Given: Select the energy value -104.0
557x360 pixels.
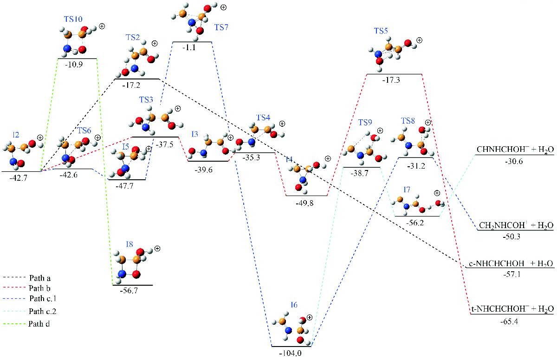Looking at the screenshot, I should (x=291, y=353).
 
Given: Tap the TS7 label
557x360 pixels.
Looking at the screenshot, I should (x=221, y=27).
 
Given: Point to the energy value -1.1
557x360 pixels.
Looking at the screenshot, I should (x=192, y=48).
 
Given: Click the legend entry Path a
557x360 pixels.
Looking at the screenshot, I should (x=39, y=279).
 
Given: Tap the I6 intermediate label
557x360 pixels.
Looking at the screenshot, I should (x=294, y=305).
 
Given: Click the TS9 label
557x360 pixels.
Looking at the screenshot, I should (x=365, y=123).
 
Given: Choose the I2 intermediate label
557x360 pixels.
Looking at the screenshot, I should (x=16, y=135).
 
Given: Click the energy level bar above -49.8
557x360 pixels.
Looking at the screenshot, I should (x=306, y=196).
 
